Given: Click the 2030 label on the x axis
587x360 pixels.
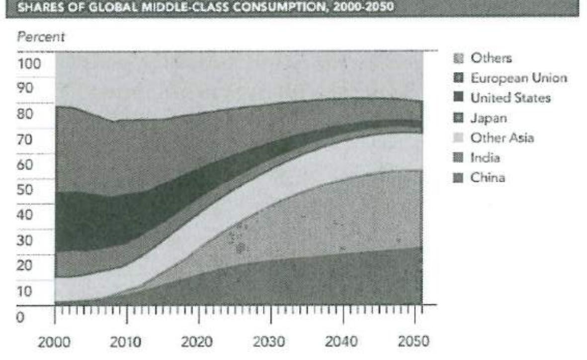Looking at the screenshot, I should (x=270, y=342).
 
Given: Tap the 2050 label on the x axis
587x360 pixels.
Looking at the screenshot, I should (x=414, y=342).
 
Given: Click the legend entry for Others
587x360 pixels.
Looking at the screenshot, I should (x=491, y=58).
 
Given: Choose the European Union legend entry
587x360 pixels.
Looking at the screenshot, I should (x=518, y=78).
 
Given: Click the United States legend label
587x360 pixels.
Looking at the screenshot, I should (x=510, y=98).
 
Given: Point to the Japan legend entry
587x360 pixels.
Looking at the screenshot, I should (x=489, y=118).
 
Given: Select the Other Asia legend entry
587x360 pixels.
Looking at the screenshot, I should (x=502, y=138).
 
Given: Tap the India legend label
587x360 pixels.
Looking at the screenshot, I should (x=485, y=158).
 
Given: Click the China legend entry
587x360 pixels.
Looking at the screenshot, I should (x=488, y=178).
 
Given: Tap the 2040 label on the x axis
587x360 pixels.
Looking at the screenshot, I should (x=342, y=342).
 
